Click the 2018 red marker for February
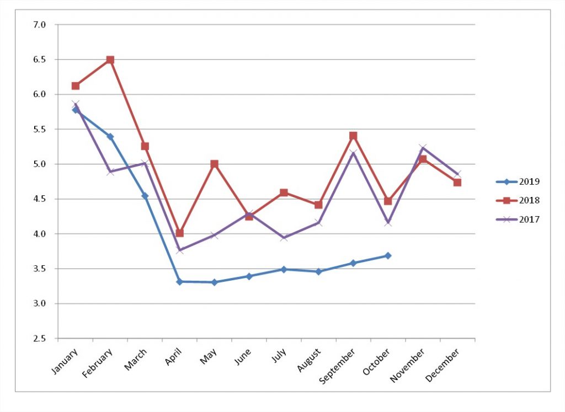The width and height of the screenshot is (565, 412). click(x=110, y=60)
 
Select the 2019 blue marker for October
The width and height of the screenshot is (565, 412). click(x=388, y=256)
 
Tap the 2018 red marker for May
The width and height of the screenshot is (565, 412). click(x=215, y=164)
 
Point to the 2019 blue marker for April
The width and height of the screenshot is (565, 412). click(x=180, y=282)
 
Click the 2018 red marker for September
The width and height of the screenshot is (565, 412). click(x=353, y=136)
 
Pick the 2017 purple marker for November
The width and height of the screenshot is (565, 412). click(x=423, y=148)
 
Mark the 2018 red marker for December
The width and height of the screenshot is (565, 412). click(x=457, y=182)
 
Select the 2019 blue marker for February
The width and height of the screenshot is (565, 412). click(x=110, y=137)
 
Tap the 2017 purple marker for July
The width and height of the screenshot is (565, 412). click(x=284, y=238)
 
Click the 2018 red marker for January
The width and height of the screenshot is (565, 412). click(x=76, y=85)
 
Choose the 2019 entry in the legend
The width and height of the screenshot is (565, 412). click(x=518, y=181)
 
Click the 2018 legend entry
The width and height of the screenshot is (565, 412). click(x=518, y=200)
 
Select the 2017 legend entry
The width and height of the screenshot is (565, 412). click(x=518, y=220)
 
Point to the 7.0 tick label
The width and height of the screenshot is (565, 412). click(x=39, y=25)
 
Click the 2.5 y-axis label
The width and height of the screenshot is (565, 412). click(x=39, y=339)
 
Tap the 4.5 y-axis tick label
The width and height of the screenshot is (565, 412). click(x=39, y=199)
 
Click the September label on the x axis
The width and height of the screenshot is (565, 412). click(x=337, y=366)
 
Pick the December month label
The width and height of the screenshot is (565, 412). click(x=443, y=365)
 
